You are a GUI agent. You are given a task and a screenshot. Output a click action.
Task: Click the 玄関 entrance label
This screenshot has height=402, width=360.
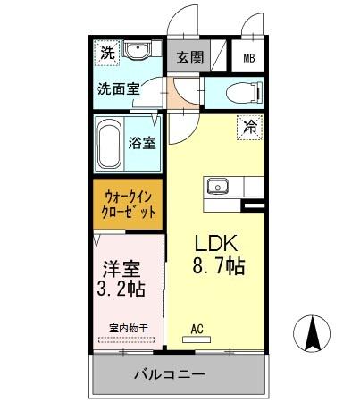188,59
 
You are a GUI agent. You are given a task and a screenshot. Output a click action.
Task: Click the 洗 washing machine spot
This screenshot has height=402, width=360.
106,52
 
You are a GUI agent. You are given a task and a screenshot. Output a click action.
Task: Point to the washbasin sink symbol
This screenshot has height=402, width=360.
137,51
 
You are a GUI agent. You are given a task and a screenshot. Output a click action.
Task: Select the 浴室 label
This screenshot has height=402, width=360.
141,142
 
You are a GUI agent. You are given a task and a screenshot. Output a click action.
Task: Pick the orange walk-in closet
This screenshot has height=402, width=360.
129,204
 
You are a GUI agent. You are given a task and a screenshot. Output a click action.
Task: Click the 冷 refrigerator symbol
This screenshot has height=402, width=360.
250,127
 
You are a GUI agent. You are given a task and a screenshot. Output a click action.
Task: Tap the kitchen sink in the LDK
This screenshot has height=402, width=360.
218,187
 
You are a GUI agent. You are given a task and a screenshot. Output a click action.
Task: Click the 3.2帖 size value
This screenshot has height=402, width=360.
121,289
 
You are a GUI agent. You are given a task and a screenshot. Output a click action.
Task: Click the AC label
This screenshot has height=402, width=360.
197,327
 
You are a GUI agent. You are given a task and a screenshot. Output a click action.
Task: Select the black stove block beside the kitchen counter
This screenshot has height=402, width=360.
255,205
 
